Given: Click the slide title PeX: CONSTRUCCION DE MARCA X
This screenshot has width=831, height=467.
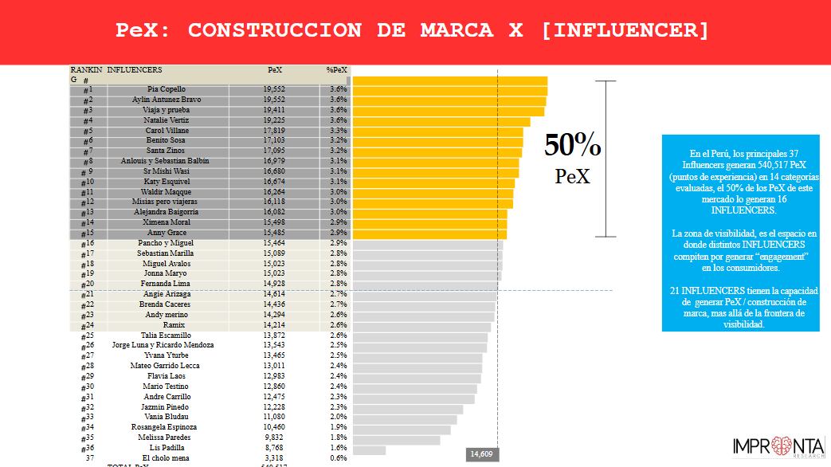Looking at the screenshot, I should click(412, 31).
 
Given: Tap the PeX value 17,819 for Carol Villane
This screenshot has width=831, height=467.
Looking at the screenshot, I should click(274, 131).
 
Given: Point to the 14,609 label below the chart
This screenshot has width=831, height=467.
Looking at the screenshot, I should click(482, 453).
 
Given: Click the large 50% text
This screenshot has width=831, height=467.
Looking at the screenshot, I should click(573, 146).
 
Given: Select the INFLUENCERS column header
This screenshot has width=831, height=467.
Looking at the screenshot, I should click(135, 70).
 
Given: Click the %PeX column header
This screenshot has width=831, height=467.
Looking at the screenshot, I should click(336, 70).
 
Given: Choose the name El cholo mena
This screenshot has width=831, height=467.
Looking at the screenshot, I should click(167, 457).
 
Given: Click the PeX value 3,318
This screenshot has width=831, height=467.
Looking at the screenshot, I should click(274, 457).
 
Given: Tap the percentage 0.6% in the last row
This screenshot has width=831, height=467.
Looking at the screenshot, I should click(338, 457).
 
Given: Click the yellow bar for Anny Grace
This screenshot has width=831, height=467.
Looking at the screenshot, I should click(429, 233).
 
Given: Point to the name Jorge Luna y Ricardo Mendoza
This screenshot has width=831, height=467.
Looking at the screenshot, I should click(163, 345).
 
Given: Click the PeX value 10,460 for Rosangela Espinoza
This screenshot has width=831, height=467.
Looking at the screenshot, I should click(274, 427).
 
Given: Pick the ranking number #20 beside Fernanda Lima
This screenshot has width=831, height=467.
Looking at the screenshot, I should click(88, 284).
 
